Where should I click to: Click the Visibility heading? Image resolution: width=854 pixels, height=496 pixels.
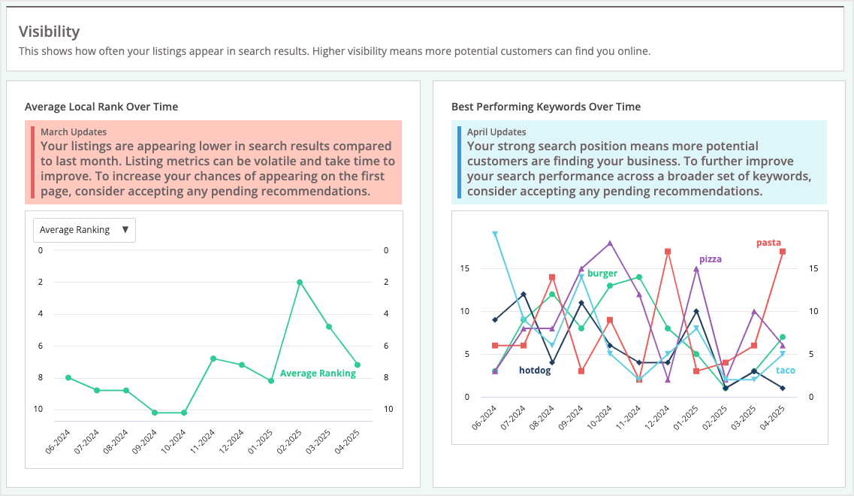pos(49,32)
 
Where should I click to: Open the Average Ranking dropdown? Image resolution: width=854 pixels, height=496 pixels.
pos(84,230)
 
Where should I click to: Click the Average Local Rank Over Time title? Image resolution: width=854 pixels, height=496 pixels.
pos(101,107)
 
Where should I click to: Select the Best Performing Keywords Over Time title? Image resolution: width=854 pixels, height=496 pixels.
pos(545,107)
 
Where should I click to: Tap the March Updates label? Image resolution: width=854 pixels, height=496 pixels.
pos(73,132)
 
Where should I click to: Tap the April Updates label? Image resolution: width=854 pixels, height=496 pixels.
pos(496,132)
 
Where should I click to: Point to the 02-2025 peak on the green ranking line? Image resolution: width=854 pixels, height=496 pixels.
pos(300,282)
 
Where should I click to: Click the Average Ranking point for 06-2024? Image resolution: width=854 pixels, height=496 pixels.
pos(68,377)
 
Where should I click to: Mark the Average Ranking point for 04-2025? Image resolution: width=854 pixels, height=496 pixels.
pos(358,364)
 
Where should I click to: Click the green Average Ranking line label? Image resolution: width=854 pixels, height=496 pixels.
pos(318,374)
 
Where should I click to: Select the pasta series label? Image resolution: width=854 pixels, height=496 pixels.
pos(768,243)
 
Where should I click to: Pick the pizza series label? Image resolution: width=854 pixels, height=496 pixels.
pos(710,259)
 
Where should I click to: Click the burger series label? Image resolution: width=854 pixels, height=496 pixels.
pos(602,274)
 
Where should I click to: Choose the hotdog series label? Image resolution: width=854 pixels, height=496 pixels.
pos(535,370)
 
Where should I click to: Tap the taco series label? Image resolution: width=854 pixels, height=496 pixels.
pos(785,370)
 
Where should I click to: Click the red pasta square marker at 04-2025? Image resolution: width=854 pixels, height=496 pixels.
pos(783,252)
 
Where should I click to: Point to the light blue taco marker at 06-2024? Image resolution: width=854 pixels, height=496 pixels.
pos(494,234)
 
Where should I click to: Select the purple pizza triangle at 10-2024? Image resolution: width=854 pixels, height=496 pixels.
pos(610,243)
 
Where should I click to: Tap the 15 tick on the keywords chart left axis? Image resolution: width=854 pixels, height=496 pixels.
pos(464,268)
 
